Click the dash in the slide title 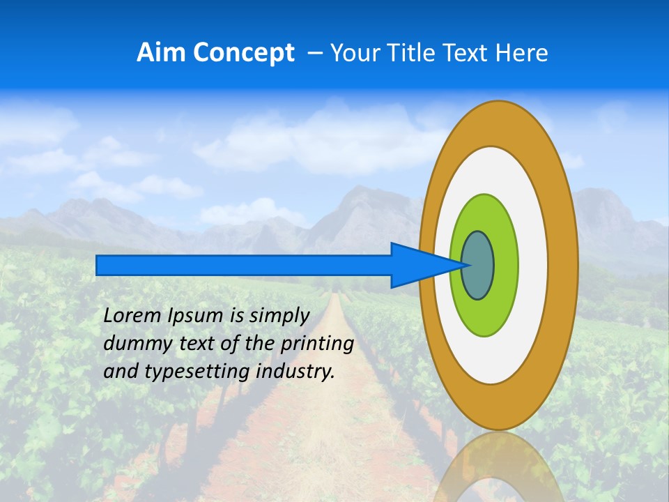(x=314, y=54)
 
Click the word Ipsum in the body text (x=196, y=316)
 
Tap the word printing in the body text (x=316, y=344)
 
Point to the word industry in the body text (x=295, y=372)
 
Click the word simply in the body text (x=279, y=316)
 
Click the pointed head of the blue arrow (x=425, y=266)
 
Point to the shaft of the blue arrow (x=244, y=266)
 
